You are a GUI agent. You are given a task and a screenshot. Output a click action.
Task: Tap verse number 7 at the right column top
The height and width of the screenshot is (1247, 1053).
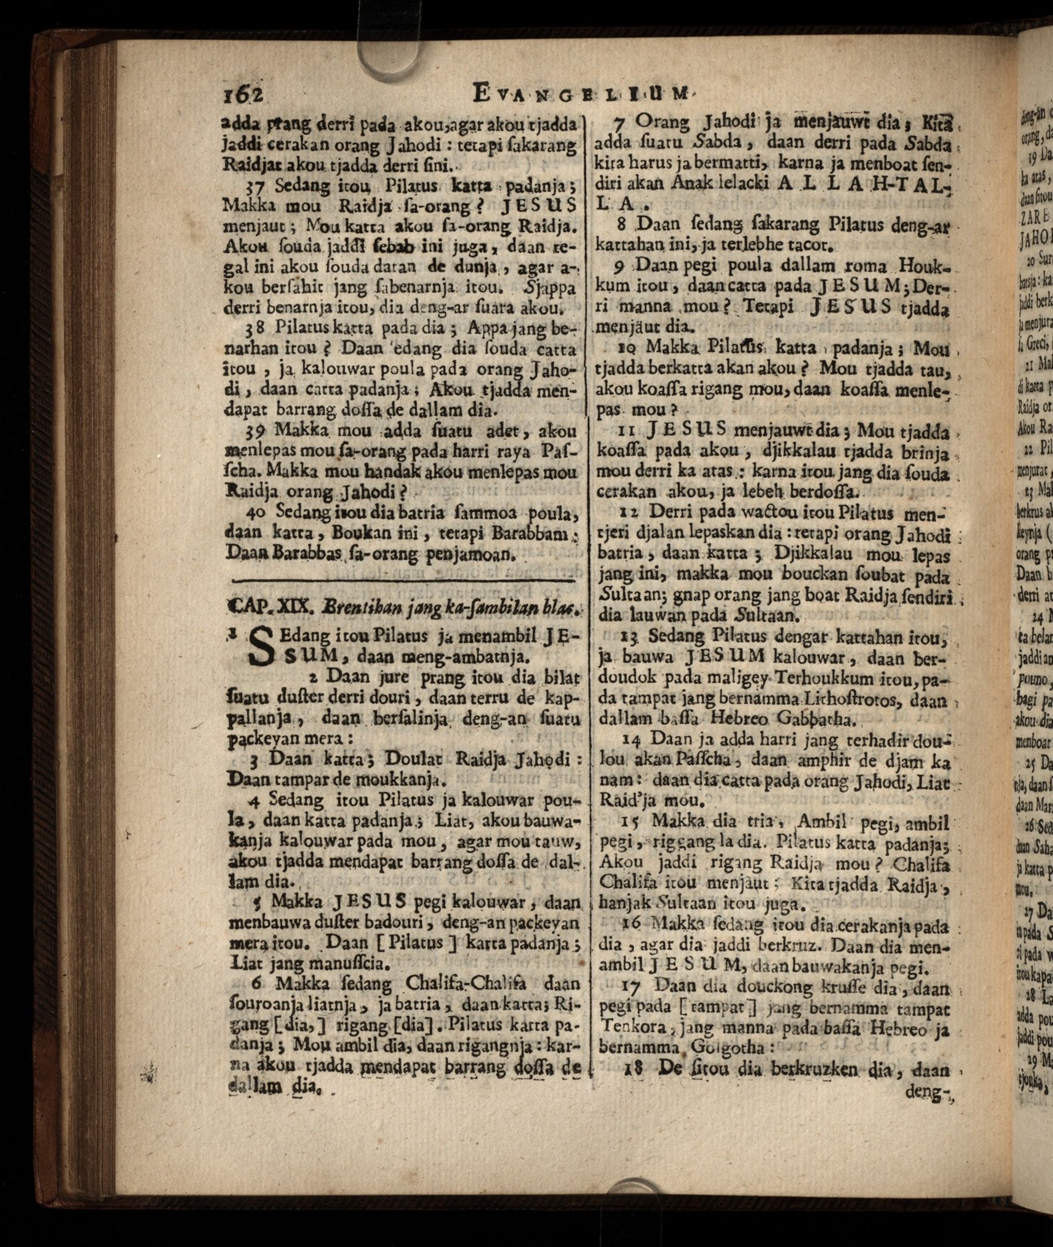(619, 124)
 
